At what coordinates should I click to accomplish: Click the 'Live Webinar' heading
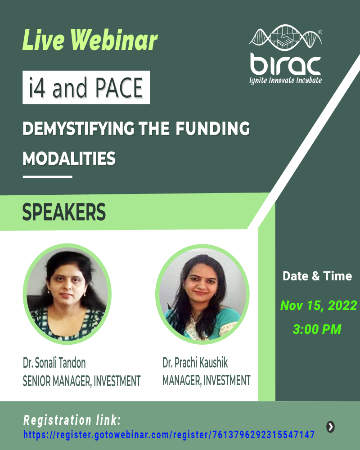point(90,41)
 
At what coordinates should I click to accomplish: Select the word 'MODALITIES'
point(69,158)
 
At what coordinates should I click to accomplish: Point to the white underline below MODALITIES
point(47,177)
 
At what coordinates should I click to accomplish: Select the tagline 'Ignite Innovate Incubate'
point(286,81)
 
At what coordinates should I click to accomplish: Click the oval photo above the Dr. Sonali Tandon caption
point(67,295)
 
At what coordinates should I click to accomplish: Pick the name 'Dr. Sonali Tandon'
point(54,363)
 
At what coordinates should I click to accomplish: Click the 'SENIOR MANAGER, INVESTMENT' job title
point(81,381)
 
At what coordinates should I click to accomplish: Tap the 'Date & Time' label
point(317,276)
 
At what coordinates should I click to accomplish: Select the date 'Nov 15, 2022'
point(318,306)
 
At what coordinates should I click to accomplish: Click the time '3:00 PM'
point(317,329)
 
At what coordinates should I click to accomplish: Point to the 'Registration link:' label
point(72,421)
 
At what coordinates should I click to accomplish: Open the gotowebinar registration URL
point(169,435)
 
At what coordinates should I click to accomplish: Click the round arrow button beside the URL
point(330,427)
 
